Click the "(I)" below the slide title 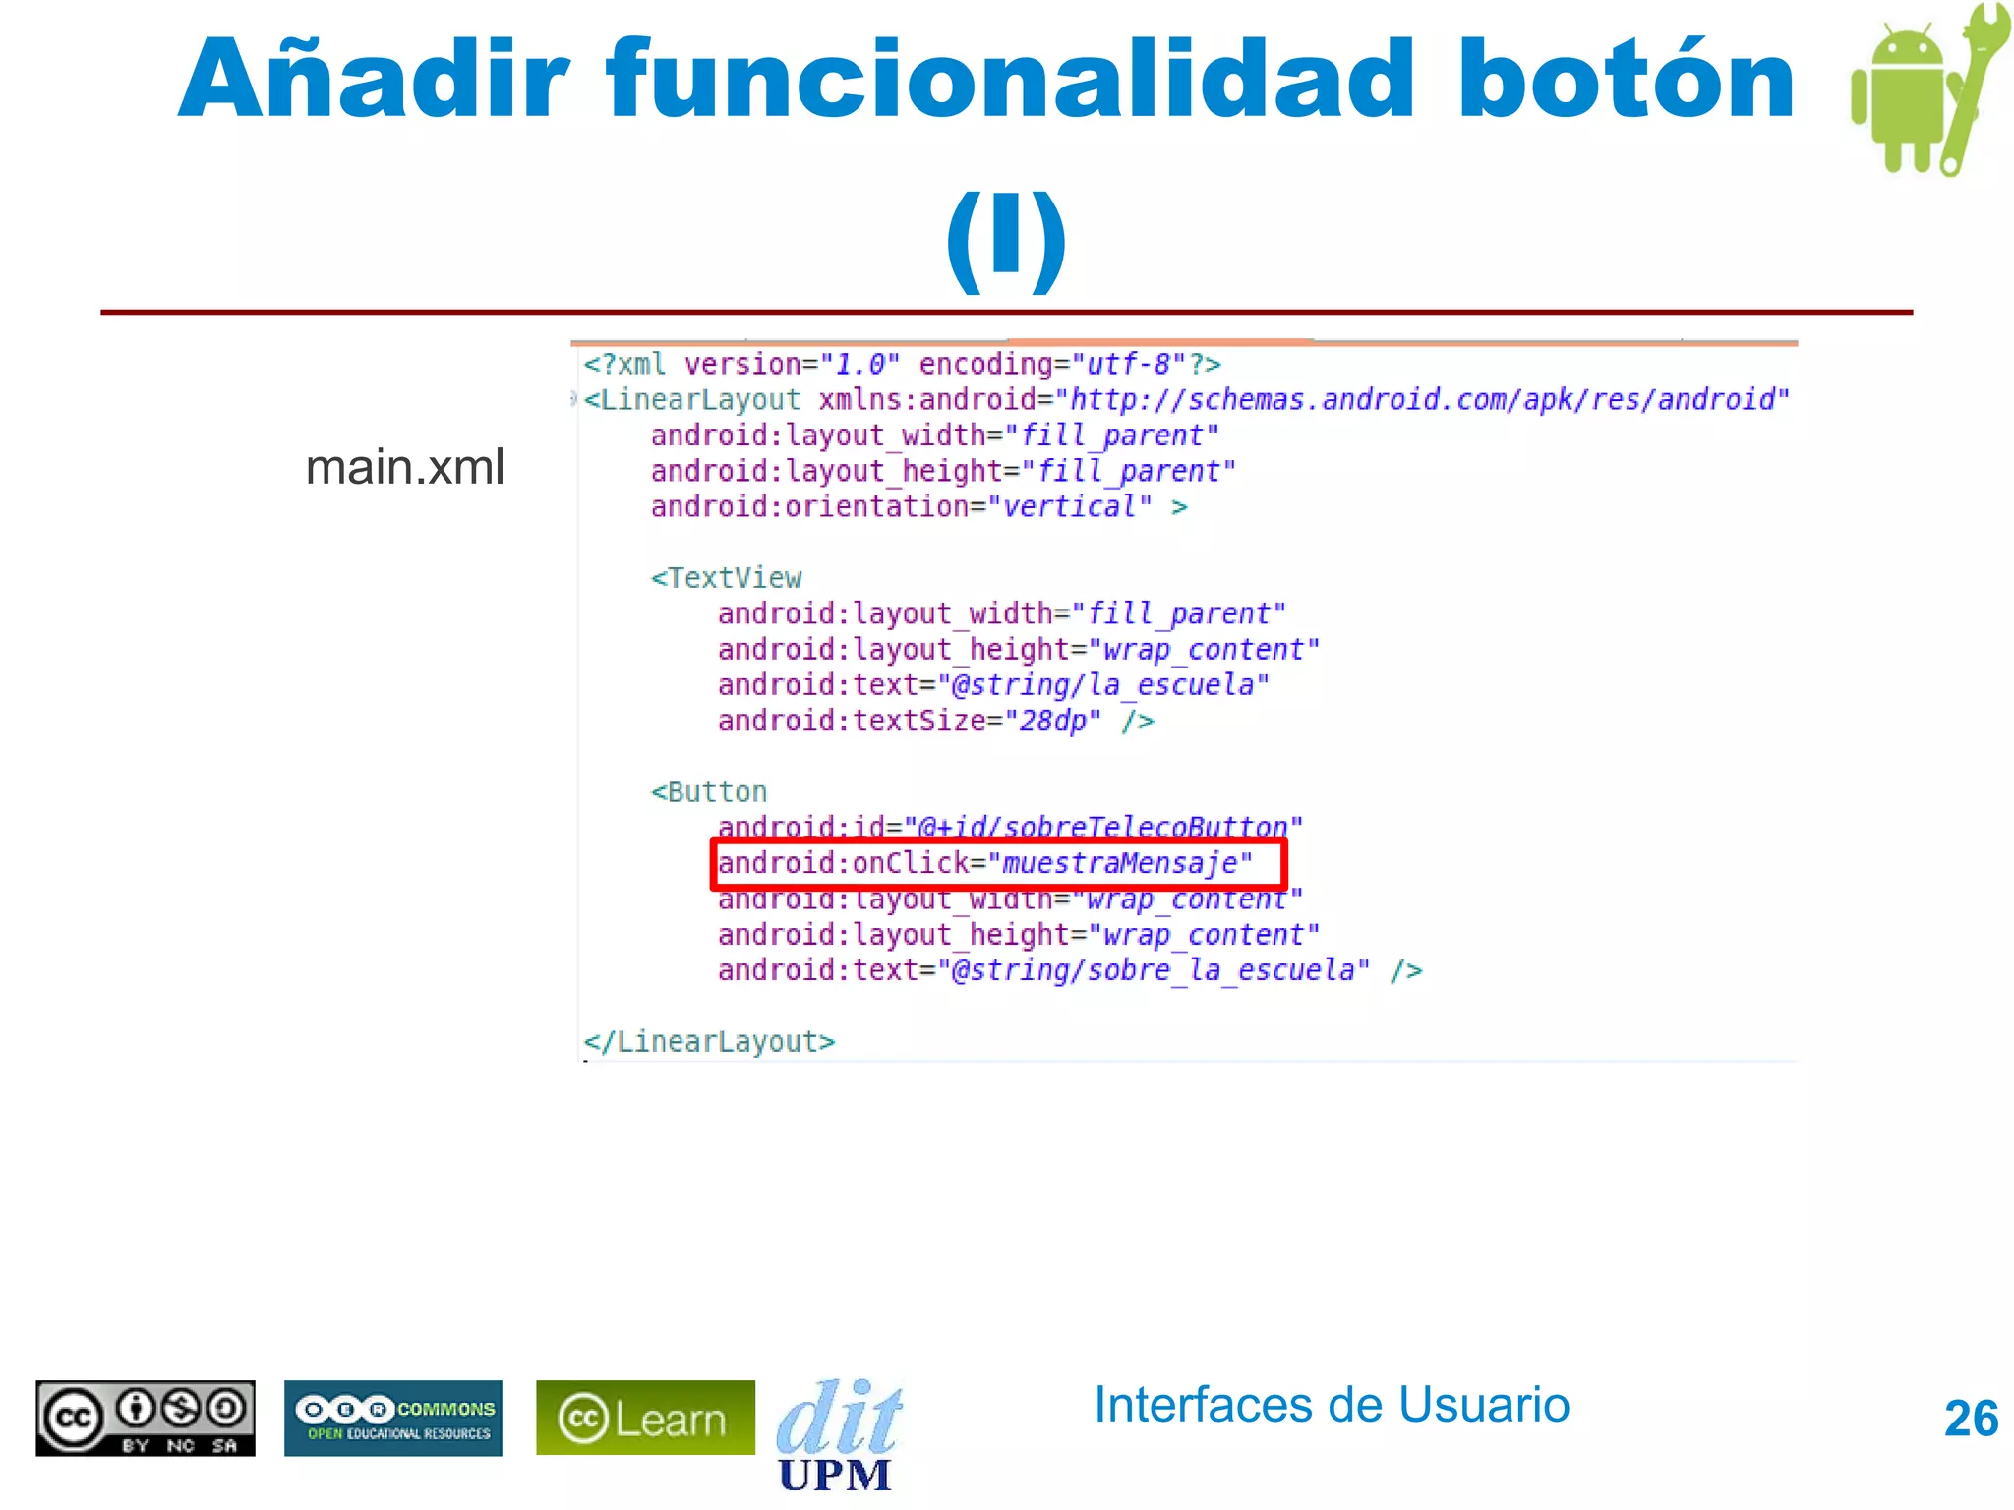(x=1006, y=238)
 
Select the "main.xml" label (x=404, y=467)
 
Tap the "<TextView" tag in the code (x=726, y=578)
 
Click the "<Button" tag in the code (x=708, y=792)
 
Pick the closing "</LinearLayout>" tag (x=709, y=1042)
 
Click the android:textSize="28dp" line (x=935, y=722)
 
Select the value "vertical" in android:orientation (x=1069, y=507)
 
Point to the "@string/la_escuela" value (x=1102, y=685)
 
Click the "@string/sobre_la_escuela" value (x=1154, y=971)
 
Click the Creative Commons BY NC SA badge (x=146, y=1418)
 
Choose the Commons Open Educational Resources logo (x=393, y=1418)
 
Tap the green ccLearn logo (x=645, y=1418)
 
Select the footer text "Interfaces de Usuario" (x=1332, y=1405)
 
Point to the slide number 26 (x=1971, y=1419)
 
